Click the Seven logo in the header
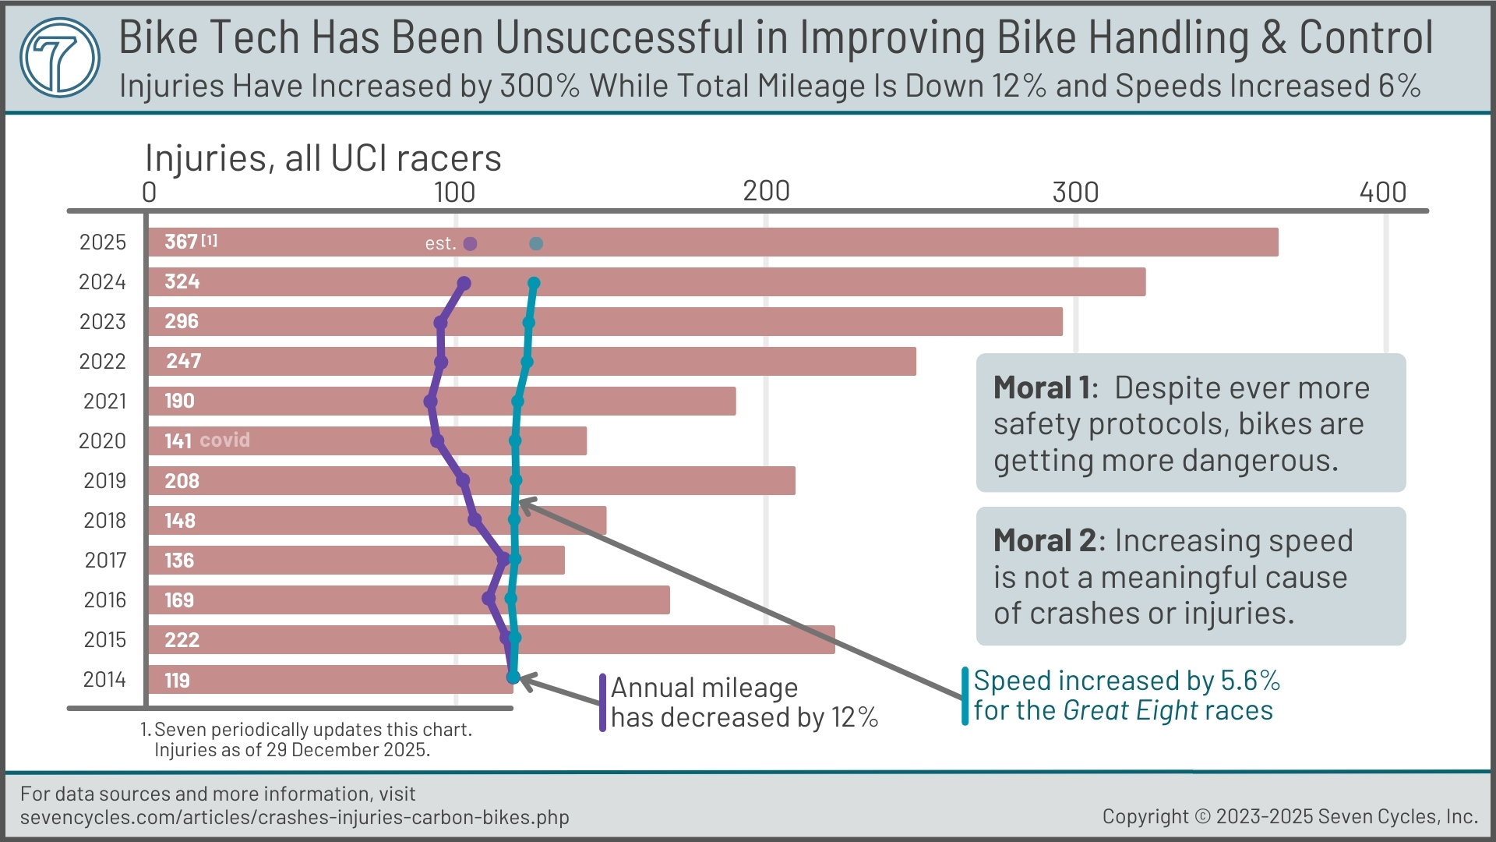pyautogui.click(x=60, y=57)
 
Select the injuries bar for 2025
pyautogui.click(x=779, y=242)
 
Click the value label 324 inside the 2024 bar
pyautogui.click(x=182, y=281)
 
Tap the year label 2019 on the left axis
pyautogui.click(x=104, y=480)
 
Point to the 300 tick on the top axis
pyautogui.click(x=1075, y=192)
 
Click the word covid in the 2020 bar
pyautogui.click(x=224, y=440)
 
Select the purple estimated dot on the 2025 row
pyautogui.click(x=470, y=244)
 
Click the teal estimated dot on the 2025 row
pyautogui.click(x=536, y=244)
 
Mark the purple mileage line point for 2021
pyautogui.click(x=430, y=402)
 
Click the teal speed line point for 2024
pyautogui.click(x=534, y=283)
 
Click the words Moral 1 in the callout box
pyautogui.click(x=1044, y=388)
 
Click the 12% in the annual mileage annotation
pyautogui.click(x=855, y=717)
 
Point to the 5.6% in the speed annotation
pyautogui.click(x=1250, y=681)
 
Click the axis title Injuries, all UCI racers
pyautogui.click(x=323, y=158)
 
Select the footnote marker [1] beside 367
pyautogui.click(x=210, y=240)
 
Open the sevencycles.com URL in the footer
pyautogui.click(x=295, y=817)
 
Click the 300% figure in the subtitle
pyautogui.click(x=539, y=86)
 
